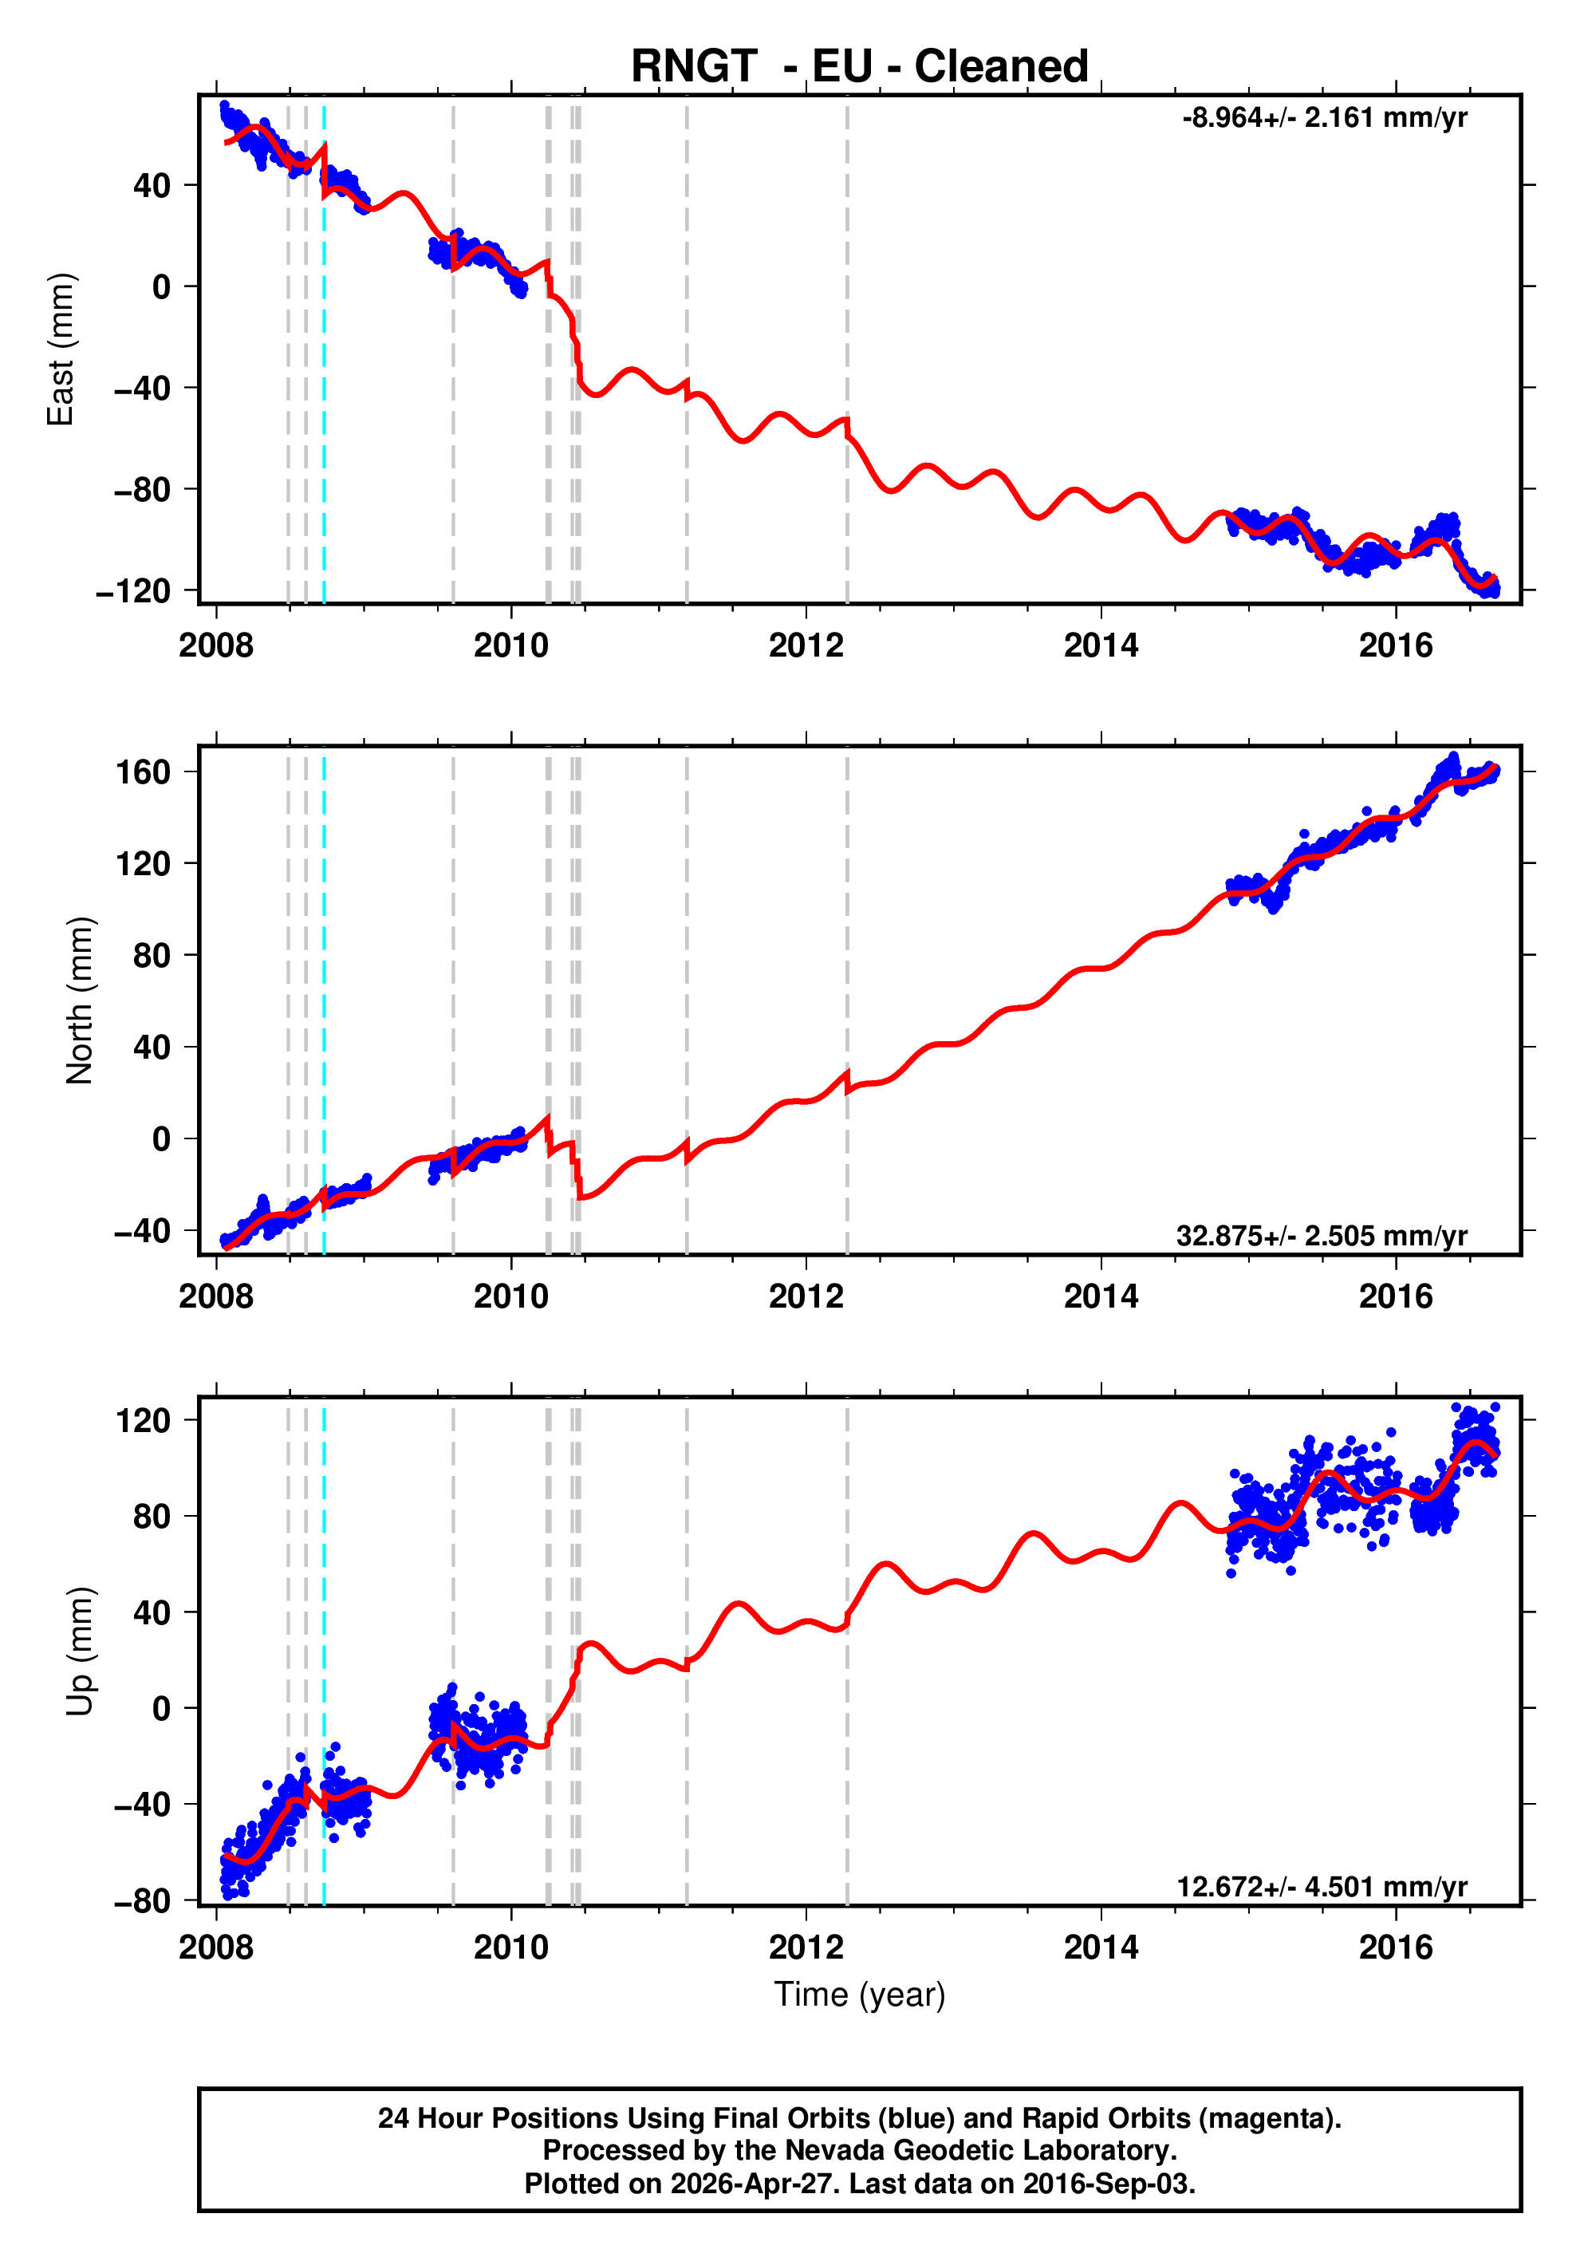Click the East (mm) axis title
[x=61, y=349]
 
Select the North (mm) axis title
[x=80, y=1000]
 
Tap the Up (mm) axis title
[x=80, y=1651]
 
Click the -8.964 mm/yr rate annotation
[x=1324, y=118]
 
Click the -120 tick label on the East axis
[x=134, y=591]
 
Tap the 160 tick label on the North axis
[x=144, y=772]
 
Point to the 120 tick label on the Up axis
[x=144, y=1421]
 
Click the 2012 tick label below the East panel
[x=806, y=646]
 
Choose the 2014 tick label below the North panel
[x=1101, y=1297]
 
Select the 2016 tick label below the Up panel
[x=1396, y=1947]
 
